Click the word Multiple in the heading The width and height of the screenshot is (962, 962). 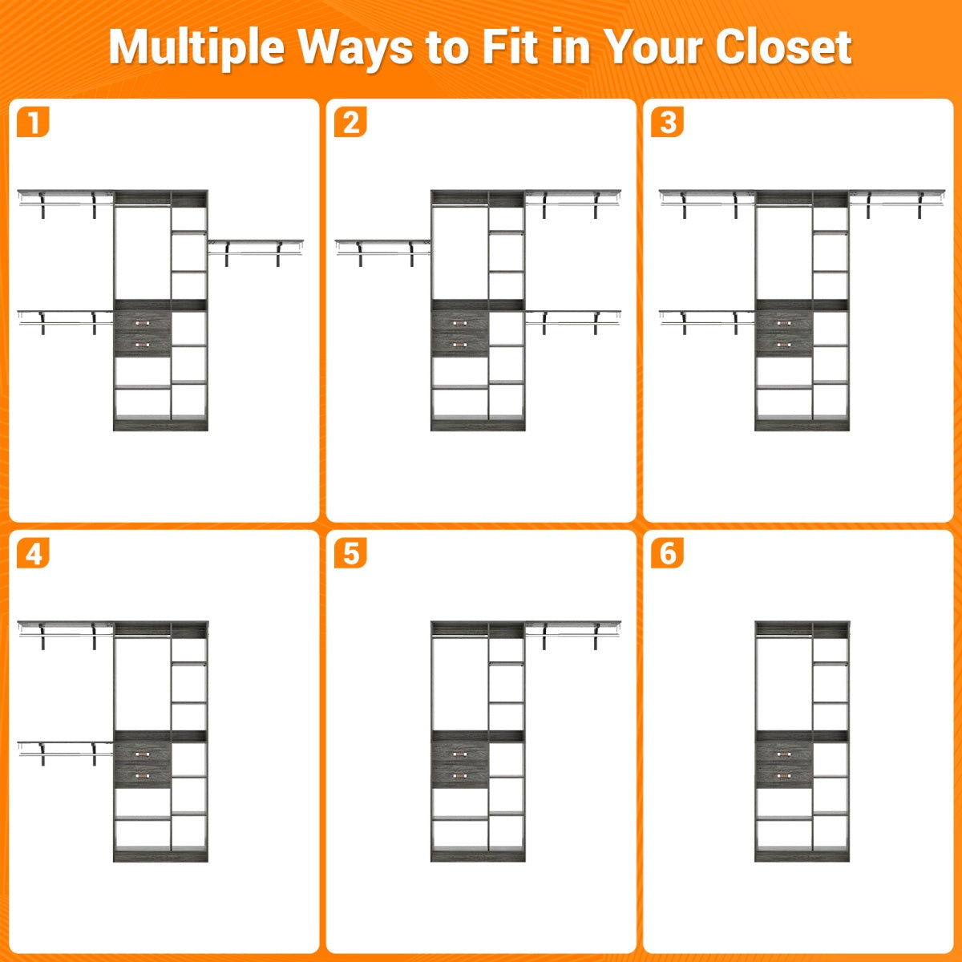196,48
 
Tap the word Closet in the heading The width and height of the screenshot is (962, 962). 783,47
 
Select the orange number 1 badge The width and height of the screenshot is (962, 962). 33,121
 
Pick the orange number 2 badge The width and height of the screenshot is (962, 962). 350,121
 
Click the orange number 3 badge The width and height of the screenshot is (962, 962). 668,121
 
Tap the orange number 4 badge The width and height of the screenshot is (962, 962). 33,552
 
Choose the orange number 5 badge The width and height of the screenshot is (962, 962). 350,552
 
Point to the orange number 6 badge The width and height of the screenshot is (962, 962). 668,552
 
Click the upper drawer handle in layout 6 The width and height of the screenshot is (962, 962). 784,754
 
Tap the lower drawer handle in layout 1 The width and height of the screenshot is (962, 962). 142,345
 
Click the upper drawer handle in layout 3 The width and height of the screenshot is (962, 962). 784,324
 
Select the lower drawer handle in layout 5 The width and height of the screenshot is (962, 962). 460,776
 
